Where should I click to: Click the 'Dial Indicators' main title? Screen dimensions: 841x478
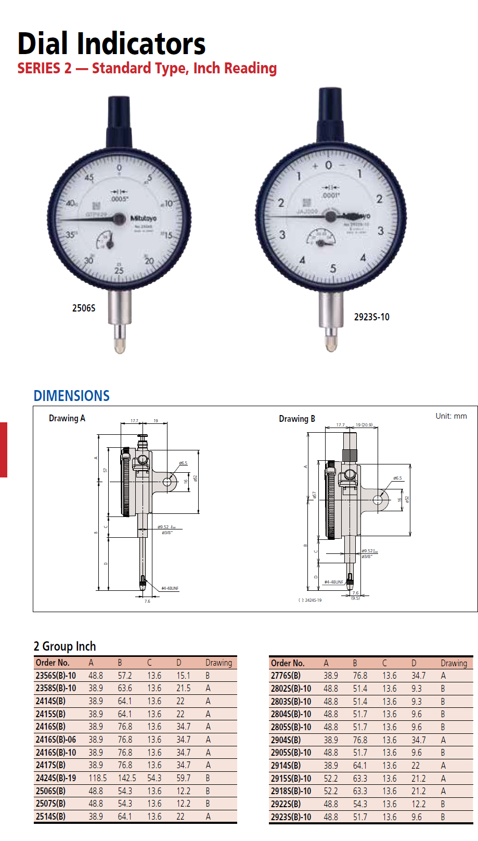click(x=111, y=44)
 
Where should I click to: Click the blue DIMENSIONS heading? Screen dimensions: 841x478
click(x=71, y=396)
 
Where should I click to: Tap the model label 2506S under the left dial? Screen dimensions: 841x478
click(x=84, y=308)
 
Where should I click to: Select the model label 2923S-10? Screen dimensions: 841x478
click(x=371, y=317)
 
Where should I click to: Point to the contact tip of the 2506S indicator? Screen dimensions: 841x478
click(x=120, y=346)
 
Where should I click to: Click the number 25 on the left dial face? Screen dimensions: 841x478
click(x=119, y=270)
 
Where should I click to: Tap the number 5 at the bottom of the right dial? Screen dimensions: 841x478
click(x=333, y=269)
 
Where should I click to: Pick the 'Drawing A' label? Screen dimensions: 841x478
click(x=67, y=418)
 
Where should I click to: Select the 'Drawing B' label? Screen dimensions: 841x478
click(x=296, y=419)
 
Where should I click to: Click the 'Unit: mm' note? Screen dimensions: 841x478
click(x=451, y=416)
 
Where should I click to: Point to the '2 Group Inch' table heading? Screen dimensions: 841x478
click(x=65, y=646)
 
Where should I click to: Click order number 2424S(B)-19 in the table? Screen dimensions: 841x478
click(x=56, y=778)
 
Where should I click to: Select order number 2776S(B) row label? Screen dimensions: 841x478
click(x=286, y=676)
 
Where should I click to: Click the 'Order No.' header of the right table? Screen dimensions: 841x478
click(x=288, y=663)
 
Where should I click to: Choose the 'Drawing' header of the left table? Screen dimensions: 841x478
click(x=218, y=663)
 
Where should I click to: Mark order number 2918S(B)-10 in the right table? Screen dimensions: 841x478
click(x=291, y=791)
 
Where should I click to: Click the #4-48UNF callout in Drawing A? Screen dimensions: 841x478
click(x=170, y=588)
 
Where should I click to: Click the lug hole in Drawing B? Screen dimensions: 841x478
click(x=378, y=500)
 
